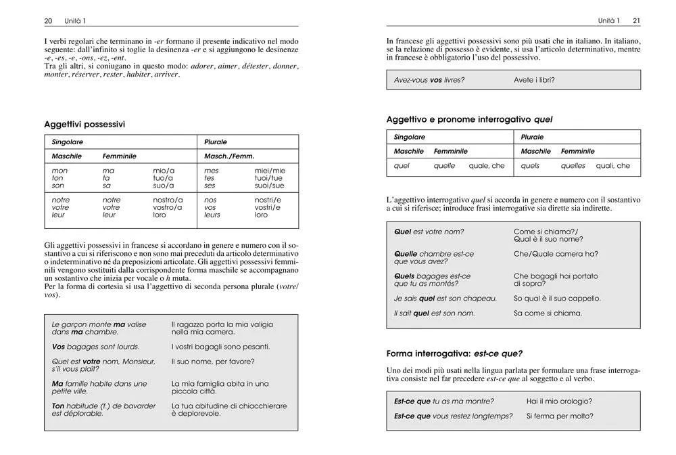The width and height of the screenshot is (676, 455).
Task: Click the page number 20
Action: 48,21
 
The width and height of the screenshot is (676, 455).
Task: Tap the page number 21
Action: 637,21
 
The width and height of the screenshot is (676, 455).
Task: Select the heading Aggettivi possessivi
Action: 84,125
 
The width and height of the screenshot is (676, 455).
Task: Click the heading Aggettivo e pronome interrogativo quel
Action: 469,119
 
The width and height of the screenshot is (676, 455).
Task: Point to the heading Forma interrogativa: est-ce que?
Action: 454,353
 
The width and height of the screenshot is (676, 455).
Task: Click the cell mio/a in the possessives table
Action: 164,171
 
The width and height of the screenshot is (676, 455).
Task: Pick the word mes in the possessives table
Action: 211,171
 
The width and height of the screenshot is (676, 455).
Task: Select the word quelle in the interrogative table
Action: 444,166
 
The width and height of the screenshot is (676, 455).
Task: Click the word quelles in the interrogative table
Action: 573,166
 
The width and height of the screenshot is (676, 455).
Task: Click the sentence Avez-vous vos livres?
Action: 429,80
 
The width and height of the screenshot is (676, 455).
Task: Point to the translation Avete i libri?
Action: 534,80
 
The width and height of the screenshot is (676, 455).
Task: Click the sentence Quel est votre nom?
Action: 429,232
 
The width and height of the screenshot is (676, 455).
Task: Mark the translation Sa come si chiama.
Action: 548,313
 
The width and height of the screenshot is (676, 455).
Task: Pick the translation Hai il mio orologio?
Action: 559,401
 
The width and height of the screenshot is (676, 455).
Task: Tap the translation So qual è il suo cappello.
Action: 557,298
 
